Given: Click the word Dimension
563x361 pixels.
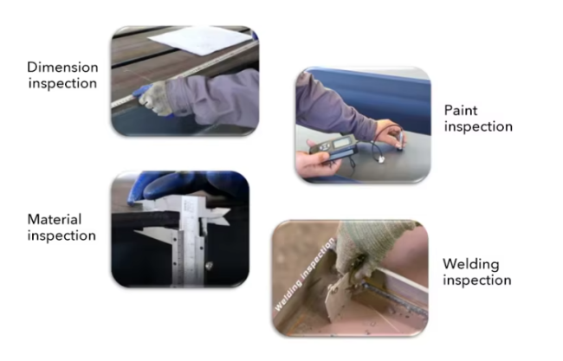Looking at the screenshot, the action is [x=62, y=68].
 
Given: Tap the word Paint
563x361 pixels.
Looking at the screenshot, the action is [x=461, y=110].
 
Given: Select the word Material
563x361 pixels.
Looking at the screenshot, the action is [x=55, y=219].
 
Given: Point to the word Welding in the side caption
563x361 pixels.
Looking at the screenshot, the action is [x=470, y=264].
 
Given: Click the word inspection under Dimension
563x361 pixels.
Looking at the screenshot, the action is [x=62, y=83].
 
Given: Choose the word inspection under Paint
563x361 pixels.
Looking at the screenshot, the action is [x=478, y=126].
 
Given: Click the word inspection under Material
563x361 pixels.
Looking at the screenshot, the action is [x=61, y=235].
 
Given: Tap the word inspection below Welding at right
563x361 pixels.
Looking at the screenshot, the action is [x=477, y=280].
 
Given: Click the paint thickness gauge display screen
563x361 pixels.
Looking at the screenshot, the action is [x=341, y=143].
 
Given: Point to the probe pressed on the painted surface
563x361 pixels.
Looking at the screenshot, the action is [x=399, y=142].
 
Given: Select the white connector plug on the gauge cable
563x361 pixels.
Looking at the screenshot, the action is [x=381, y=159].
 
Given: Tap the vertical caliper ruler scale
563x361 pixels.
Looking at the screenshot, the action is [x=189, y=244].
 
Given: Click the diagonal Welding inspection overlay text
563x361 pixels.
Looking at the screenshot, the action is [x=305, y=274].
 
